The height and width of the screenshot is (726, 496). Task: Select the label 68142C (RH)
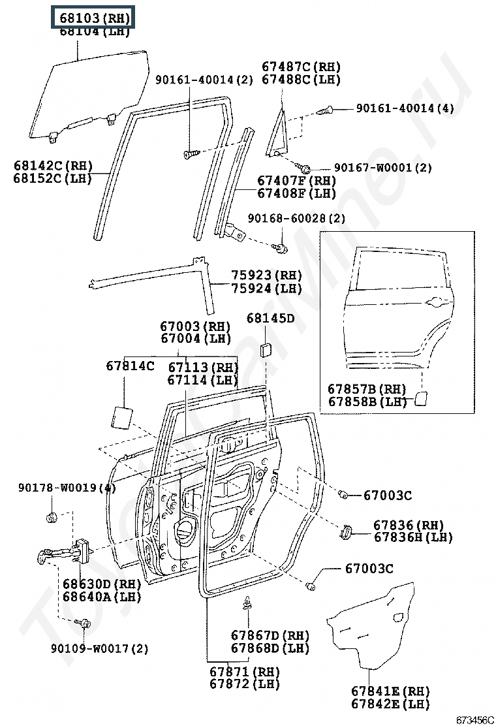[x=53, y=166]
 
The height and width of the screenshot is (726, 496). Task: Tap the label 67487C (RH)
[x=302, y=67]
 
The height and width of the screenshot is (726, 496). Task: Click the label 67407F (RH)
[x=296, y=181]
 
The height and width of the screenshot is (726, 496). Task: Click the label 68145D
[x=270, y=319]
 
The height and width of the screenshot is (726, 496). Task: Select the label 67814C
[x=130, y=366]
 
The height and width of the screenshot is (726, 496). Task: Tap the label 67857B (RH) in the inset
[x=367, y=389]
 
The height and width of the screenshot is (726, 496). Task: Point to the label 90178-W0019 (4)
[x=67, y=488]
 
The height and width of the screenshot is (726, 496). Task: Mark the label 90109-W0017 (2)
[x=100, y=648]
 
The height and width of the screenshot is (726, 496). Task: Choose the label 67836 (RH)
[x=408, y=525]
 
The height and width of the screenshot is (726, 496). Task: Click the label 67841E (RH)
[x=390, y=691]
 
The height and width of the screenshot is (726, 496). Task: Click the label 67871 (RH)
[x=244, y=671]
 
